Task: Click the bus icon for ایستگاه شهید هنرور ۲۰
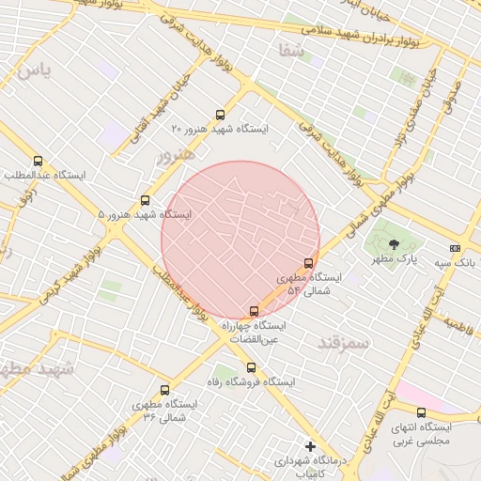(x=221, y=115)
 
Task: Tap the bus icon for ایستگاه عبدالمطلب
(x=38, y=162)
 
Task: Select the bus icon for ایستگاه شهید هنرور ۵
(x=145, y=200)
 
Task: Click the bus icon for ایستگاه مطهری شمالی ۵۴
(x=309, y=263)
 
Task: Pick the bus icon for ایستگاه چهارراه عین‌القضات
(x=253, y=311)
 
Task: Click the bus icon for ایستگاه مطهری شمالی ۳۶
(x=165, y=390)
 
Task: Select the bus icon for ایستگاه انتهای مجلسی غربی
(x=421, y=412)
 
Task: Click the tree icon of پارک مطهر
(x=393, y=243)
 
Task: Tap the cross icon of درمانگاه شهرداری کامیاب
(x=310, y=446)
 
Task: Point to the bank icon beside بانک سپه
(x=456, y=248)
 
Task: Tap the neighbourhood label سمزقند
(x=344, y=344)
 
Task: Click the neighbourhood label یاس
(x=32, y=70)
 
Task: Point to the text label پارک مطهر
(x=393, y=258)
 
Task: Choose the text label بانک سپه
(x=455, y=263)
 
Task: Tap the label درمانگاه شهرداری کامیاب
(x=309, y=467)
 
